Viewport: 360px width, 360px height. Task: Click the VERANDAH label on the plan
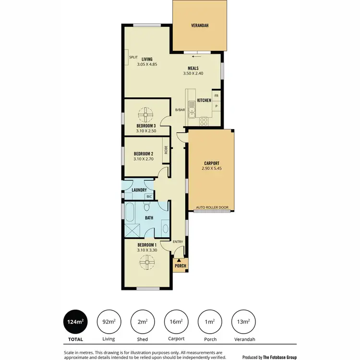tap(199, 25)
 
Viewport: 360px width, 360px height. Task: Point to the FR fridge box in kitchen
tap(216, 96)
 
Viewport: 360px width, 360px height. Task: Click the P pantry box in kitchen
tap(216, 106)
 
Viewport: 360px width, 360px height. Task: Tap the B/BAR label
tap(180, 110)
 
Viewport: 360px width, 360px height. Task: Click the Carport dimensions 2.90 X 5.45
tap(212, 169)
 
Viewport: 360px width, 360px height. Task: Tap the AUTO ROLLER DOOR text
tap(212, 208)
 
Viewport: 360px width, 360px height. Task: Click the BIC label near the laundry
tap(149, 197)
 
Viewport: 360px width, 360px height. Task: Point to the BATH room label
tap(149, 218)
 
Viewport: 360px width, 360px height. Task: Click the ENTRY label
tap(178, 241)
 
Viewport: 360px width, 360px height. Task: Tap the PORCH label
tap(180, 266)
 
